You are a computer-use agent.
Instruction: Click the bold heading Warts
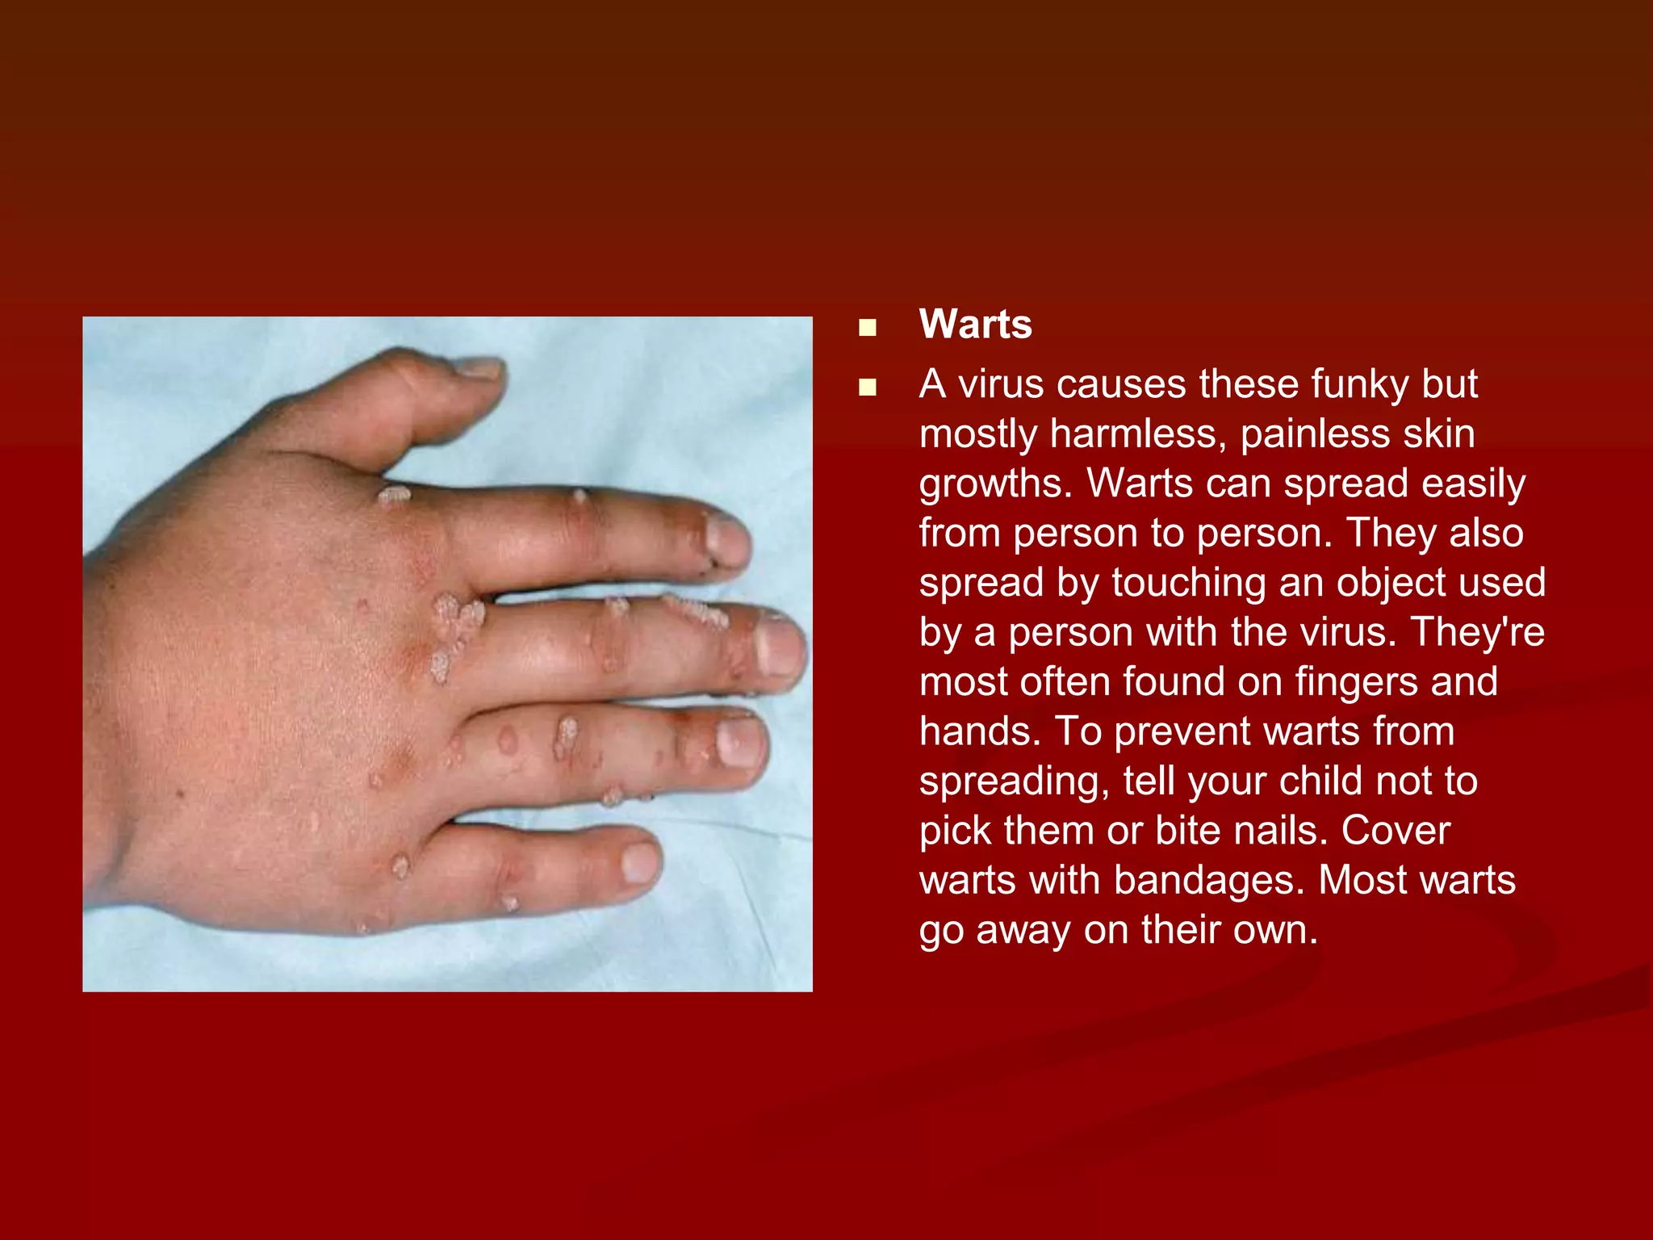point(975,325)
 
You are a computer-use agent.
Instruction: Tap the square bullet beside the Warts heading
point(868,327)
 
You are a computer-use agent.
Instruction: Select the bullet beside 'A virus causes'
point(868,387)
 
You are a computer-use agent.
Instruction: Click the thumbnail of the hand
point(447,654)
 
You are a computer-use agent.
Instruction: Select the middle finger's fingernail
point(779,647)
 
